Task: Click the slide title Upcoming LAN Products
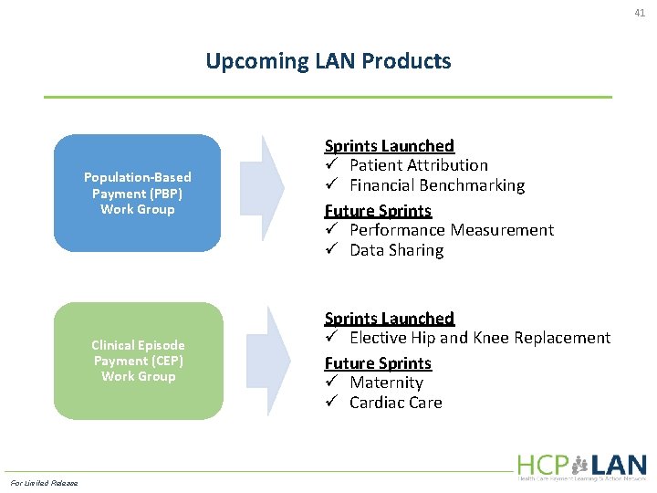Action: point(328,61)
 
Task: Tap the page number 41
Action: point(640,13)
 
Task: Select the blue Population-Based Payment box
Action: point(137,193)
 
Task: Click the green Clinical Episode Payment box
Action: point(138,361)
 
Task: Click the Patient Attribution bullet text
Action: point(418,165)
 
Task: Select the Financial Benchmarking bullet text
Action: point(436,185)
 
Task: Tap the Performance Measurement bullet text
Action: point(451,230)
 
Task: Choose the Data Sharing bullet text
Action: point(396,250)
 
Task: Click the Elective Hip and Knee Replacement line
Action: point(479,338)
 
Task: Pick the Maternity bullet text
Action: point(386,383)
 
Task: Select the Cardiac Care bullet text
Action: point(395,403)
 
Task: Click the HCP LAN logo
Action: point(581,466)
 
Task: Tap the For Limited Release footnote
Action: point(44,483)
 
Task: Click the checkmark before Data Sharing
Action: point(332,250)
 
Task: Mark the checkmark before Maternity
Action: point(332,383)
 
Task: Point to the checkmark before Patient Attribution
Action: point(332,165)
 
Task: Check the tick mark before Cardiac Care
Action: point(332,403)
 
